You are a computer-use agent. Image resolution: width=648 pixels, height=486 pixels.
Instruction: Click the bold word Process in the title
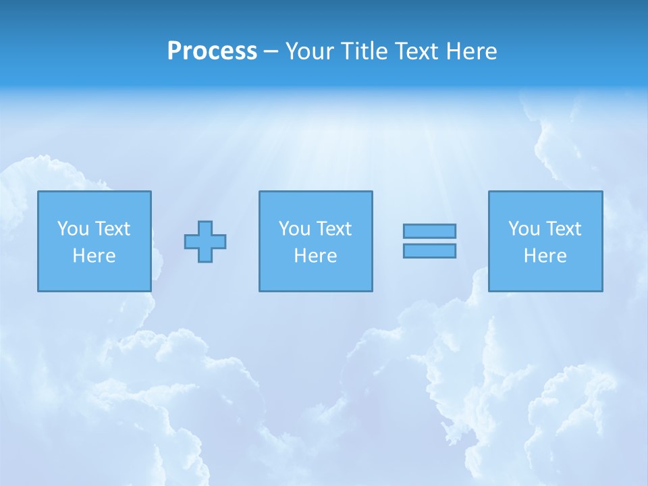[212, 51]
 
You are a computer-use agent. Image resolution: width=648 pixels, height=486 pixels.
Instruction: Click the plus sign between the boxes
[205, 242]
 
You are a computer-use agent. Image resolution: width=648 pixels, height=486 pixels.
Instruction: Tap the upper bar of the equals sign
[429, 231]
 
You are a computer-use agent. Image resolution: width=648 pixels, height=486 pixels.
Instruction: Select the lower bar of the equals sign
[429, 250]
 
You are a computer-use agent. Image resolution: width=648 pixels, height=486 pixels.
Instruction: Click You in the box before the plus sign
[73, 229]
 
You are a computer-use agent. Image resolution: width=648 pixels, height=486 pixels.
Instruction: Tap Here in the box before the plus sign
[94, 256]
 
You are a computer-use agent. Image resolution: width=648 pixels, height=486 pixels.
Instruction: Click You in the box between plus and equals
[294, 229]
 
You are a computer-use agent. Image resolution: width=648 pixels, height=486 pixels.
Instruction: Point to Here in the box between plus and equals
[315, 256]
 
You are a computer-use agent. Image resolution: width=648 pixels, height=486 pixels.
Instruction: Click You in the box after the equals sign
[524, 229]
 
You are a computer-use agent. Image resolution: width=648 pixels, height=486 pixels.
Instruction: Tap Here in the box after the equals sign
[545, 256]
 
